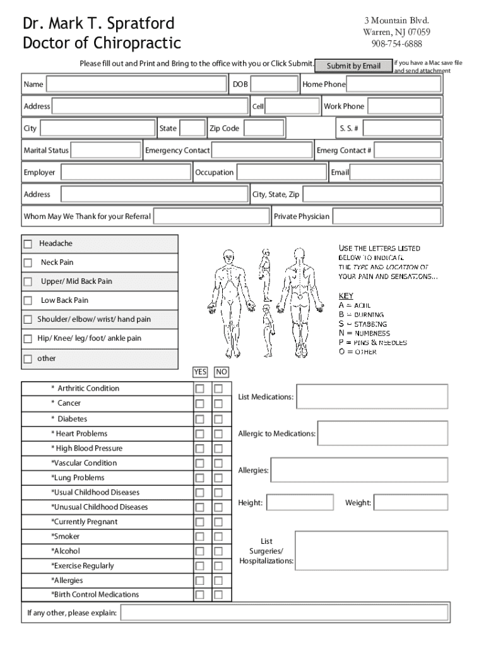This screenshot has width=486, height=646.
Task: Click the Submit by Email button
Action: click(353, 66)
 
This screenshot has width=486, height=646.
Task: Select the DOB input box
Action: click(275, 85)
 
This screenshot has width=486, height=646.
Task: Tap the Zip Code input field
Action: click(264, 129)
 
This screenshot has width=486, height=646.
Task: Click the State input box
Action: click(193, 129)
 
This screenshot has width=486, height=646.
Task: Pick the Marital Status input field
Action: click(106, 150)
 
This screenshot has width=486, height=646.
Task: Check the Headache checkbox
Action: click(28, 244)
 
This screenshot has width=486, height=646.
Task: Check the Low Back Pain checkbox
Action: click(28, 301)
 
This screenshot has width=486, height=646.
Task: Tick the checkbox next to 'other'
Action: click(28, 360)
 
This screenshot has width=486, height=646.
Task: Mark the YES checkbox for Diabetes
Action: click(199, 420)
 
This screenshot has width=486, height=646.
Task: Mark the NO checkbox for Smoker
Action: click(218, 537)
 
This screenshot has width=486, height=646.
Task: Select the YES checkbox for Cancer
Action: click(199, 404)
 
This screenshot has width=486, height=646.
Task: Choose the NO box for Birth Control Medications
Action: click(218, 595)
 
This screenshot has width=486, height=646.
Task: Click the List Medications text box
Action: click(372, 397)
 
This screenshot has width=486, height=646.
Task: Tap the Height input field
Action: click(299, 503)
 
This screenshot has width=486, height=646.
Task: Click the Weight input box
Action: click(411, 503)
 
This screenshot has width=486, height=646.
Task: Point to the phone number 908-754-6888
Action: click(396, 44)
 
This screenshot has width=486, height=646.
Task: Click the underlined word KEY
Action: click(346, 296)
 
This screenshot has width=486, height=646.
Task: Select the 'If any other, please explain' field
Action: click(283, 613)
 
